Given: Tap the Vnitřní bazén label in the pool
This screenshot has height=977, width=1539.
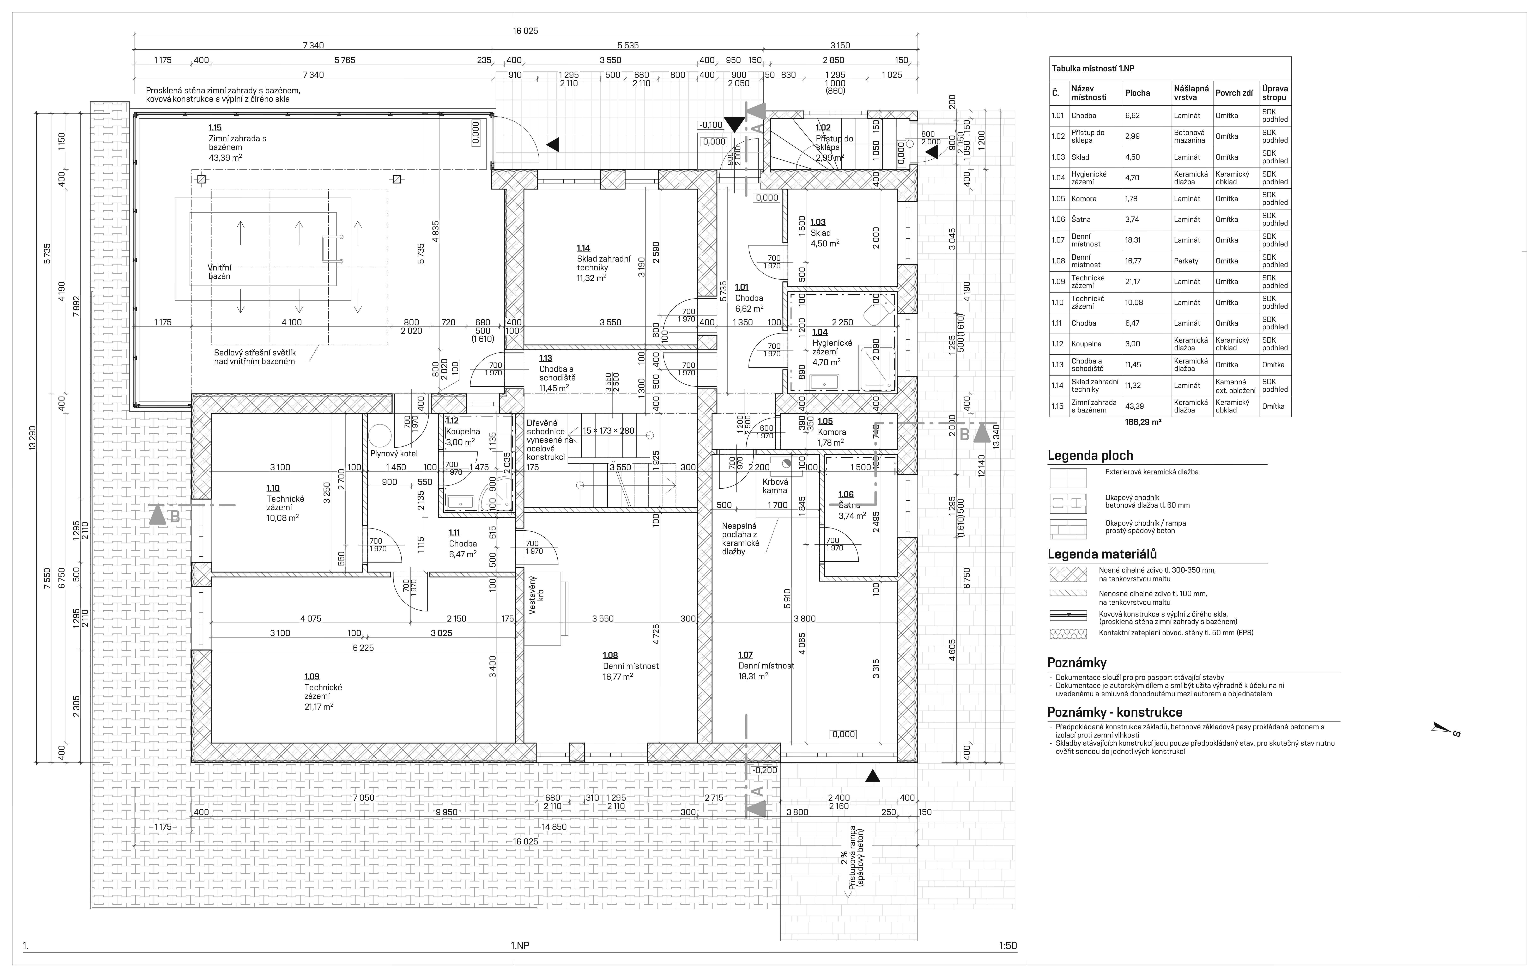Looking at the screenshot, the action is tap(219, 271).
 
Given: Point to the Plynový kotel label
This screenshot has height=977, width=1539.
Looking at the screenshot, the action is tap(394, 454).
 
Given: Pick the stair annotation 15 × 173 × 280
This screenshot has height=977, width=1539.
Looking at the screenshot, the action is tap(608, 431).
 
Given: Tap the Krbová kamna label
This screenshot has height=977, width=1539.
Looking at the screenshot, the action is tap(775, 486).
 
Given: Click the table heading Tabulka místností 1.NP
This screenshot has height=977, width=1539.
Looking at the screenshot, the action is tap(1092, 68).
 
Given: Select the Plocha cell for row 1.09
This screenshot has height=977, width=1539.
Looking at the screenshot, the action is tap(1133, 282).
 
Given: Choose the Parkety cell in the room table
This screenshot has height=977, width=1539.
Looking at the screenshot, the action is tap(1186, 261).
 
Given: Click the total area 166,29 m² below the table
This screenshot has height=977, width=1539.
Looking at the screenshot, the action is tap(1143, 422).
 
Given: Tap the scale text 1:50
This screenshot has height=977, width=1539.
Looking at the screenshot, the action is tap(1008, 946).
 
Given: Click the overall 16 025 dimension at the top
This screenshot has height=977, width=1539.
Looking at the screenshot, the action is tap(525, 31).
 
